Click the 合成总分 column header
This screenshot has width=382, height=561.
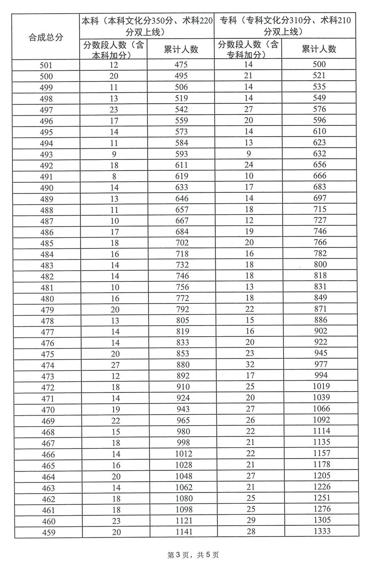click(x=46, y=37)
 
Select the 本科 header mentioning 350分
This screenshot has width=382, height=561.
click(x=147, y=26)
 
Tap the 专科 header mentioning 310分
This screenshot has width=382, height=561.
click(x=285, y=26)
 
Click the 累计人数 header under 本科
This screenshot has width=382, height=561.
click(x=181, y=49)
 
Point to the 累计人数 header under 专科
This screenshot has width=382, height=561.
click(x=319, y=49)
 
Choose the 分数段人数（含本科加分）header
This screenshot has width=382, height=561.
click(x=113, y=50)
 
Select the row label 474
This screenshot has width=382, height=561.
click(x=47, y=365)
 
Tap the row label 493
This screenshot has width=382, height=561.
click(x=47, y=155)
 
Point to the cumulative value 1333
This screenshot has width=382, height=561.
click(x=321, y=531)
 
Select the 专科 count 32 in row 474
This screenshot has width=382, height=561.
click(x=250, y=364)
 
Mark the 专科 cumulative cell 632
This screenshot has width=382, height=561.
click(x=319, y=154)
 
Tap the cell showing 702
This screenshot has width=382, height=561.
click(x=182, y=243)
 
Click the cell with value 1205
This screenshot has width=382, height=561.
click(x=321, y=476)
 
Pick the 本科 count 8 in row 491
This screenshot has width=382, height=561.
click(x=114, y=176)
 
